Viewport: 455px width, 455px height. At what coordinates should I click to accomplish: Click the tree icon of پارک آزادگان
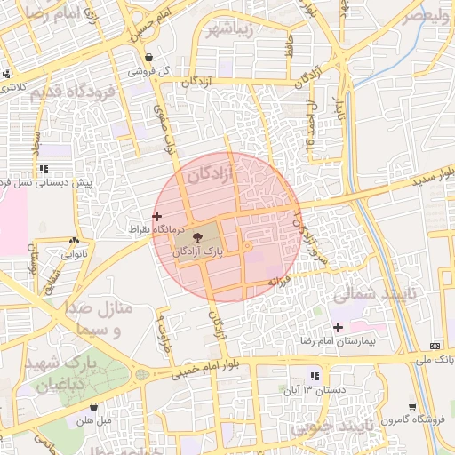click(x=196, y=237)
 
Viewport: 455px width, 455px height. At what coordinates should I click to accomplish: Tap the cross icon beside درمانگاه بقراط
click(x=157, y=216)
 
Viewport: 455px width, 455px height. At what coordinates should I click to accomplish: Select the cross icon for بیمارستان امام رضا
click(x=338, y=327)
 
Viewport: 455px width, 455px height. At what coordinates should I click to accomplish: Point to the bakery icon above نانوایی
click(x=73, y=241)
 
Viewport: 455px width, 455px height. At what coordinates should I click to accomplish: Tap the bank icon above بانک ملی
click(x=435, y=346)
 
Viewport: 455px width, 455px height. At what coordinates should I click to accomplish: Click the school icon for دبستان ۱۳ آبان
click(x=314, y=375)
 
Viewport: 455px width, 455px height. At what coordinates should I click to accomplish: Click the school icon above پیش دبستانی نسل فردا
click(x=44, y=169)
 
